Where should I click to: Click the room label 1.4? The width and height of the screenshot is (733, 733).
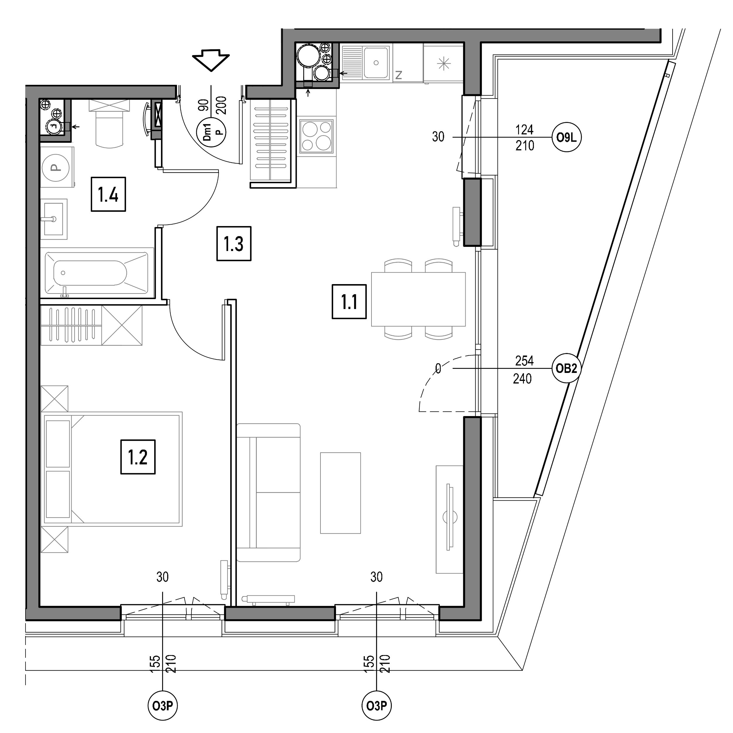click(x=108, y=194)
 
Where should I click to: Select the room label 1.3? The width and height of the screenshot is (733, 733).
click(x=234, y=244)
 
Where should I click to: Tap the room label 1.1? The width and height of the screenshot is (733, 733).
click(x=349, y=302)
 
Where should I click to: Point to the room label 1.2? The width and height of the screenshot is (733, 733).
click(x=138, y=457)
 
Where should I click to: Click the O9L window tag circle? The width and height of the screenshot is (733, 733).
click(x=566, y=137)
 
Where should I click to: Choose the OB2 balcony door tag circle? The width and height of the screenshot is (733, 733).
click(x=566, y=368)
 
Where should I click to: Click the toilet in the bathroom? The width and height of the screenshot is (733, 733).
click(x=109, y=125)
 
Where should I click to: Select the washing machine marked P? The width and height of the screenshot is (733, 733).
click(x=57, y=167)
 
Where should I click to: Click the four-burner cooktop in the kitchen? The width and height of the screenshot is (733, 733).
click(x=316, y=135)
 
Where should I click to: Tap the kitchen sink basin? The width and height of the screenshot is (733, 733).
click(x=376, y=63)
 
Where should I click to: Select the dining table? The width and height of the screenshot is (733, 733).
click(x=418, y=299)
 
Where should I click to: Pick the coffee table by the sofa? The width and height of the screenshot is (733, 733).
click(x=340, y=493)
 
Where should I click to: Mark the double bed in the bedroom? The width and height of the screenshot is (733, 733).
click(x=111, y=469)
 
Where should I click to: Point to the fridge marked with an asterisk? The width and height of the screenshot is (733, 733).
click(x=443, y=63)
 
